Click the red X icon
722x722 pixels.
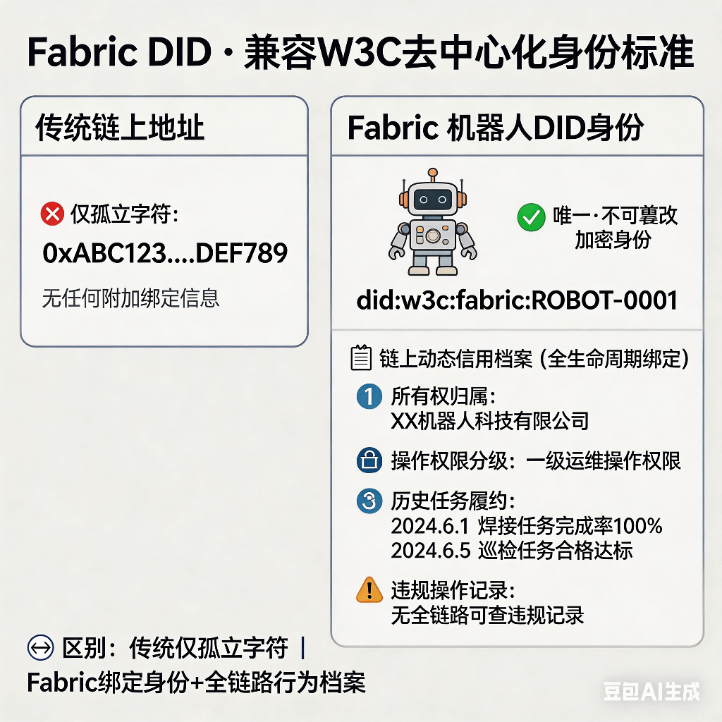pos(52,214)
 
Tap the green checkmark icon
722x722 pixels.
pos(530,217)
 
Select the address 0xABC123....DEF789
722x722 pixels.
pos(165,253)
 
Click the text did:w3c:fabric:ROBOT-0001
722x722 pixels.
pos(517,300)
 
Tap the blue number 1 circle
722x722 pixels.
pos(369,398)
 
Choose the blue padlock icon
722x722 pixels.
pos(369,462)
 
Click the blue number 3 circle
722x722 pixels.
pos(369,501)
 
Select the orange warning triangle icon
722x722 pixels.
pos(369,589)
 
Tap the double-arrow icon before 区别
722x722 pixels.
pos(39,647)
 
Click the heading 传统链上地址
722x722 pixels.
pos(120,128)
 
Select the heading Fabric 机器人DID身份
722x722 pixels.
pos(496,128)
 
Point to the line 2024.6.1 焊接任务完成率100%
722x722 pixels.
pos(527,526)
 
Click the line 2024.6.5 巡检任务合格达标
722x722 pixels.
pos(512,551)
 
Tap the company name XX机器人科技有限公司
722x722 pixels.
pos(489,422)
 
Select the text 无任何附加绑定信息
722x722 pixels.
pos(131,298)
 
